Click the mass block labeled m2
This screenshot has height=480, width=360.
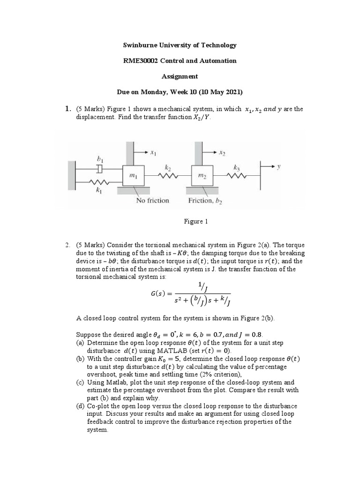[x=201, y=176]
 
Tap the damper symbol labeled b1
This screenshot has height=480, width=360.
[x=100, y=168]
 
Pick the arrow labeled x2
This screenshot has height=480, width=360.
[x=212, y=153]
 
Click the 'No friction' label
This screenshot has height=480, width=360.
[x=152, y=200]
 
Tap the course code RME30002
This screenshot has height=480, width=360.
[x=142, y=61]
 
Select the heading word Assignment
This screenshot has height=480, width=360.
[x=180, y=76]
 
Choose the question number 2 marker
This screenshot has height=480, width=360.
[x=68, y=245]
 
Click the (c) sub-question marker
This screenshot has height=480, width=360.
[x=81, y=382]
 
